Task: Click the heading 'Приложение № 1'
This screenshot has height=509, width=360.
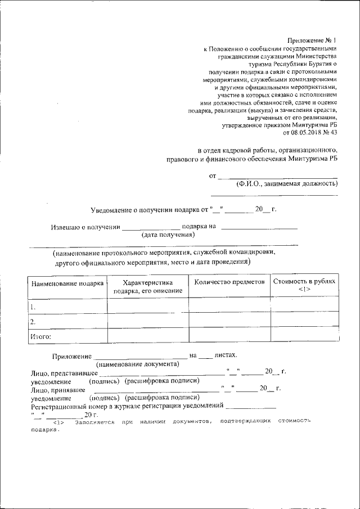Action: pyautogui.click(x=312, y=40)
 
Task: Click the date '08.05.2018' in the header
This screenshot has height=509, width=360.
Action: pyautogui.click(x=306, y=133)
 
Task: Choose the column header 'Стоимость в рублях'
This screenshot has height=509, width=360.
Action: pyautogui.click(x=304, y=281)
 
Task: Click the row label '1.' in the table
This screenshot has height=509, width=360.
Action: pyautogui.click(x=33, y=307)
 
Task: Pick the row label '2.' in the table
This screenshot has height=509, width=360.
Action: pyautogui.click(x=33, y=322)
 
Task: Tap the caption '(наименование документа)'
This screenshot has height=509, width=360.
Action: pyautogui.click(x=137, y=364)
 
